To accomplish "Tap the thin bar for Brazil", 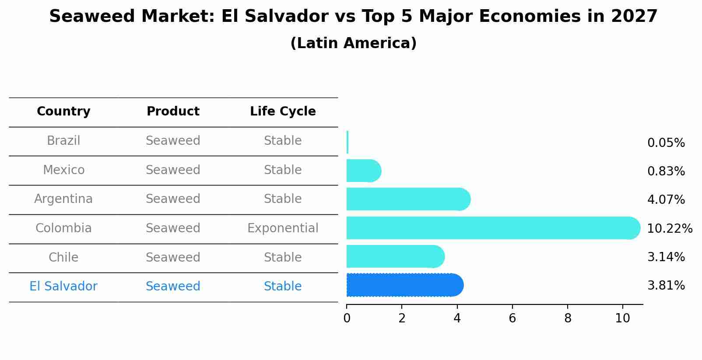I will (x=347, y=142).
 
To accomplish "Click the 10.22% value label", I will (x=669, y=229).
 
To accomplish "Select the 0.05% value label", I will (x=666, y=143).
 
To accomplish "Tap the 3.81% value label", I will (x=666, y=286).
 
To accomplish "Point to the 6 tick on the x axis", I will (x=512, y=318).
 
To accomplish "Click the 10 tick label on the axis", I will (x=622, y=318).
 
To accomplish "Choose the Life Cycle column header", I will (x=283, y=112).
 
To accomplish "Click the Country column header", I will (x=63, y=112).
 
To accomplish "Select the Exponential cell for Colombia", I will (x=283, y=228).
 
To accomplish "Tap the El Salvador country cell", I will (x=63, y=287).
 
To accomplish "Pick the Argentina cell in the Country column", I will (x=63, y=199).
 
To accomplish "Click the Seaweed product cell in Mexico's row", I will (x=173, y=170).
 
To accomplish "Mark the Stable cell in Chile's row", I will (x=283, y=257).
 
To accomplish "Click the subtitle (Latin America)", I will (x=353, y=43).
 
